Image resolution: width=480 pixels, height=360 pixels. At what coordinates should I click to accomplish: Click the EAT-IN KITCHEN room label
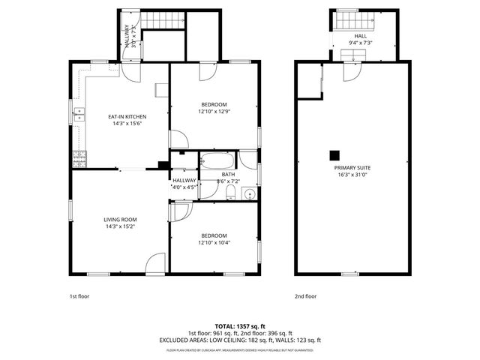(x=127, y=117)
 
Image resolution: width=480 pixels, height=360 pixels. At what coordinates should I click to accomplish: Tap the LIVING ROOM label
(x=120, y=219)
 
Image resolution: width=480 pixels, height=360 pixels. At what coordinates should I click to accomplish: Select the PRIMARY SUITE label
(x=352, y=168)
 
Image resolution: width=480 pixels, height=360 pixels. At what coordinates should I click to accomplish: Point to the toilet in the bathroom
(x=232, y=194)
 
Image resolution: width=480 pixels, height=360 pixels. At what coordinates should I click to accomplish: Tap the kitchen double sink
(x=78, y=115)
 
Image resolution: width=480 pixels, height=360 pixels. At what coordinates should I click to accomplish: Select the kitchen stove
(x=79, y=158)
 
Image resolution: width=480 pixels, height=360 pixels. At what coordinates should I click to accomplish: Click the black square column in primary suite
(x=333, y=155)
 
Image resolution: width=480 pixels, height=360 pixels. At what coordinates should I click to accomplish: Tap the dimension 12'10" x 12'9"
(x=214, y=112)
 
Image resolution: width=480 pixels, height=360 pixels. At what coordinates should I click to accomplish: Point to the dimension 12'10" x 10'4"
(x=214, y=242)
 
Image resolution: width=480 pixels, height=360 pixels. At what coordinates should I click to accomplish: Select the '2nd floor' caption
(x=306, y=296)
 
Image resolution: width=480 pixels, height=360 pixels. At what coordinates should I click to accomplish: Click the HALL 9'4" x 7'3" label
(x=360, y=39)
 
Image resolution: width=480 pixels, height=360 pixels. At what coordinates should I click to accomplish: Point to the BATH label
(x=228, y=174)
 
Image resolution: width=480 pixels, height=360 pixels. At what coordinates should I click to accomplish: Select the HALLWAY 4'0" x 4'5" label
(x=184, y=184)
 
